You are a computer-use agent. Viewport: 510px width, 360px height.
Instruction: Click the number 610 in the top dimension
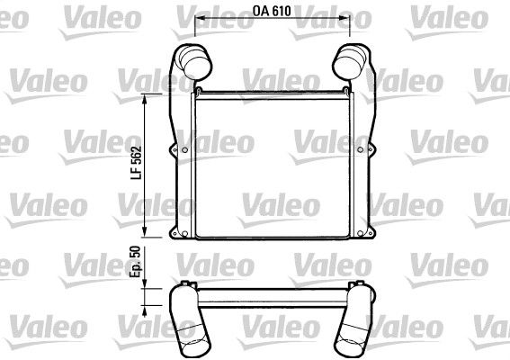click(282, 11)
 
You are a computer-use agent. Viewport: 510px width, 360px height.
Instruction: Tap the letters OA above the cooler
click(261, 11)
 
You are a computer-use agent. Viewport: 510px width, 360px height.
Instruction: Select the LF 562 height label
click(137, 163)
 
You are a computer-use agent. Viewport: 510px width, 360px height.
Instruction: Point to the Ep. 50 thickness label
click(135, 262)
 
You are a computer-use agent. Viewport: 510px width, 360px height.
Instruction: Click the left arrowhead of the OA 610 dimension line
click(199, 18)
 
